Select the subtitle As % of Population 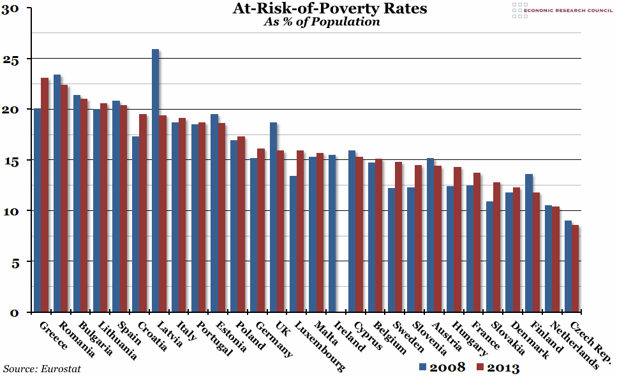(x=322, y=22)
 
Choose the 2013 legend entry (x=497, y=367)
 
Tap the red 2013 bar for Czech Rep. (x=575, y=268)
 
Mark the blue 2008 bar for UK (x=273, y=217)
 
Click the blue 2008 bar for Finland (x=528, y=243)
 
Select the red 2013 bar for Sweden (x=398, y=236)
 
